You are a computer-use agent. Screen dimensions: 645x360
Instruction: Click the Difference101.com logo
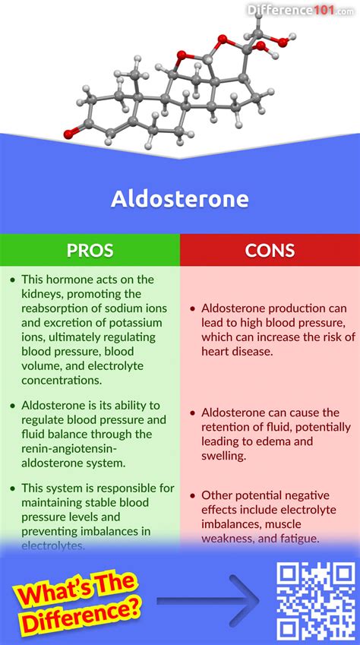(312, 9)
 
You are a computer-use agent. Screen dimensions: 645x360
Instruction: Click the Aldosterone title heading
(179, 199)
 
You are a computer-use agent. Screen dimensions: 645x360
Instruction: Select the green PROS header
(90, 250)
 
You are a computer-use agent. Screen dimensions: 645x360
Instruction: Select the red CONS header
(270, 250)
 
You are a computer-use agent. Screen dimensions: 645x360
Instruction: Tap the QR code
(314, 599)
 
